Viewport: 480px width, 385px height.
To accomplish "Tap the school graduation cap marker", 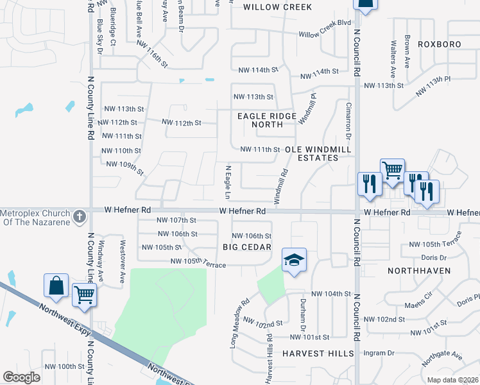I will pyautogui.click(x=294, y=259).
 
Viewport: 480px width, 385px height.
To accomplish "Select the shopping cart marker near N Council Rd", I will pyautogui.click(x=392, y=171).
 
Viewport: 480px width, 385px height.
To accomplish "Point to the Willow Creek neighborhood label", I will pyautogui.click(x=278, y=7).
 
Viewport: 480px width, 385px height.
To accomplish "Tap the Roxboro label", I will pyautogui.click(x=440, y=44).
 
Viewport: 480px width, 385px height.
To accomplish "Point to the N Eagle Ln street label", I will pyautogui.click(x=227, y=181).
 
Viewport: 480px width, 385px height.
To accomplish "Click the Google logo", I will pyautogui.click(x=21, y=377).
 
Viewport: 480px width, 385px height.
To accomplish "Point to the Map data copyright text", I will pyautogui.click(x=452, y=380).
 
